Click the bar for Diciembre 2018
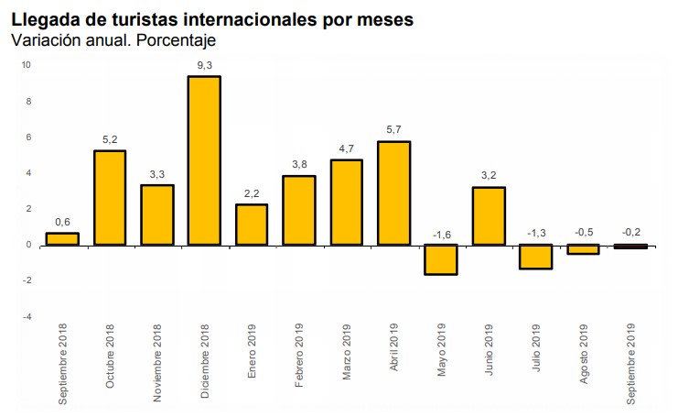click(x=204, y=160)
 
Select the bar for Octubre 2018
click(x=109, y=198)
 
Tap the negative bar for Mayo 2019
click(x=442, y=259)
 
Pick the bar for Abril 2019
click(x=394, y=193)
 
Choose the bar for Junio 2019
click(x=490, y=216)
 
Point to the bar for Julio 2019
click(x=537, y=257)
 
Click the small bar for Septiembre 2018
click(x=61, y=239)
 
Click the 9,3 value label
click(x=204, y=64)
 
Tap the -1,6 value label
click(x=442, y=234)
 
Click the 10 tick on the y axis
click(x=27, y=65)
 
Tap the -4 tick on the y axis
click(x=27, y=317)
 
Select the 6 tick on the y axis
click(x=28, y=137)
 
